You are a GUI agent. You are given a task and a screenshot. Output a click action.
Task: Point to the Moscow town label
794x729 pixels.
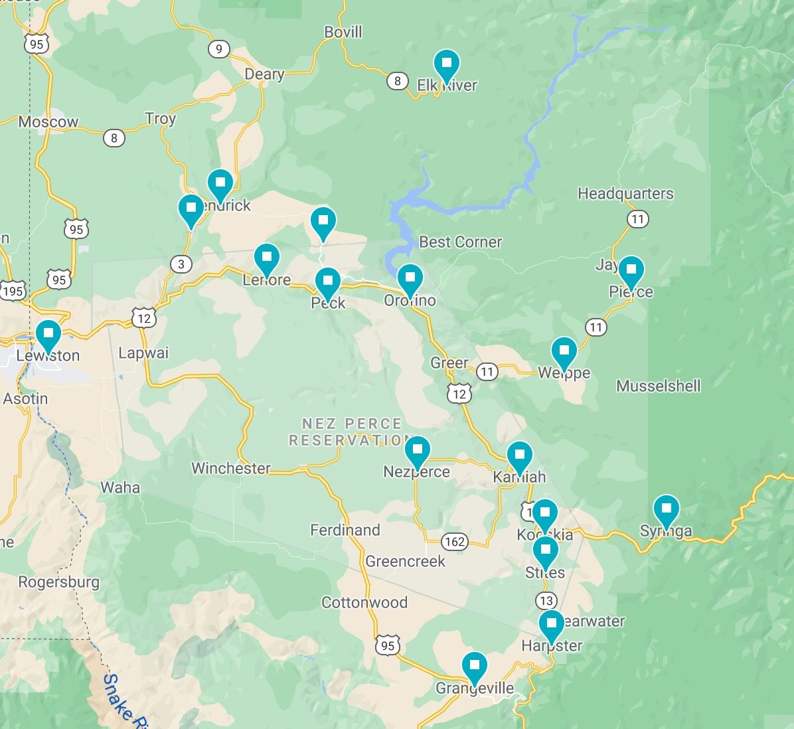(48, 121)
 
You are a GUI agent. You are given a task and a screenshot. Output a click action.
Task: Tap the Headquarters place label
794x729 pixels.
(625, 193)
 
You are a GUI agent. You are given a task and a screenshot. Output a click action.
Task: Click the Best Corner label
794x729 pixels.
(460, 242)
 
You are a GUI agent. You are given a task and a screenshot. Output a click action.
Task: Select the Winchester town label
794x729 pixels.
(230, 468)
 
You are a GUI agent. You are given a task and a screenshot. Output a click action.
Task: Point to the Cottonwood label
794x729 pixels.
(364, 603)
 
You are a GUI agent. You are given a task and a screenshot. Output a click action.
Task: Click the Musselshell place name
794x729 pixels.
(658, 386)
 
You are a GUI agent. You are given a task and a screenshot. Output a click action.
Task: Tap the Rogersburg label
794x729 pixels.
(58, 582)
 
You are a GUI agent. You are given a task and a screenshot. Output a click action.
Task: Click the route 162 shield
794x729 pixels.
(455, 542)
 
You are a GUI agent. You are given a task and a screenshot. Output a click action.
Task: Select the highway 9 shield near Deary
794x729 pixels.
(218, 49)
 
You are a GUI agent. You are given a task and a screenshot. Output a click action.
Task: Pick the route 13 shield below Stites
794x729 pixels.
(546, 601)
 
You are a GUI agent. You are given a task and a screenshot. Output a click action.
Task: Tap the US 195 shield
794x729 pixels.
(12, 291)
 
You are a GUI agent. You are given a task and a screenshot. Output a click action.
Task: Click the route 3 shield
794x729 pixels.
(181, 264)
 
